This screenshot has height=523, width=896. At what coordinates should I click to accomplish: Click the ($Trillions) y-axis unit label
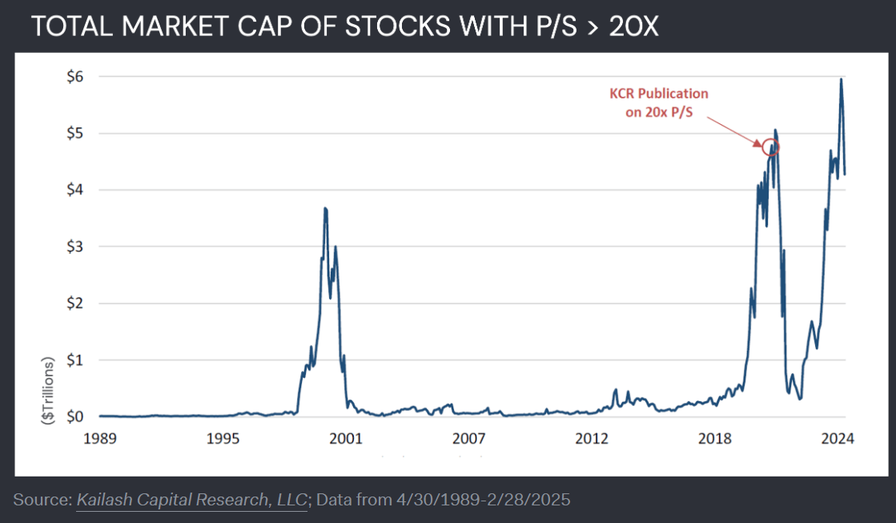[48, 390]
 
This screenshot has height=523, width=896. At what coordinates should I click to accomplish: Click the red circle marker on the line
[769, 147]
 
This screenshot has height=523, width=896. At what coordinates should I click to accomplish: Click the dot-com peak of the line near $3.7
[325, 208]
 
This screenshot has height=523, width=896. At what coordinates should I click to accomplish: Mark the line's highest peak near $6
[841, 78]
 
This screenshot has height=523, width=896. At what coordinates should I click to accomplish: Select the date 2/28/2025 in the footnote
[534, 501]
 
